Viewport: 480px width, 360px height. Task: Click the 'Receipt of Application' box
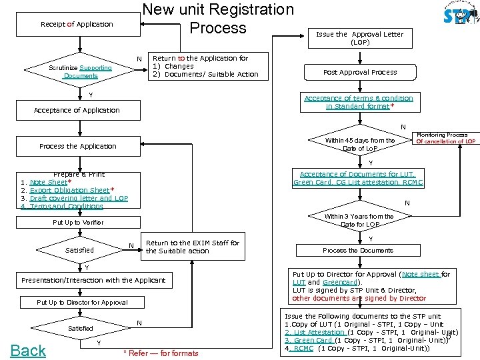(x=77, y=24)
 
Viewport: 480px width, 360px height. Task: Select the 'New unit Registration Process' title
(x=218, y=19)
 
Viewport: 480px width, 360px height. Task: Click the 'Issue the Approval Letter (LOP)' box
(x=359, y=38)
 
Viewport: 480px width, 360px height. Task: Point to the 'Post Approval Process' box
(x=359, y=72)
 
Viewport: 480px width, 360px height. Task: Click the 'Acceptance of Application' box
(x=77, y=110)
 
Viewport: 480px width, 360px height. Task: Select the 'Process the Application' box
(x=77, y=146)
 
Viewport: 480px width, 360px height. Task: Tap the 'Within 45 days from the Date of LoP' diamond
(x=359, y=144)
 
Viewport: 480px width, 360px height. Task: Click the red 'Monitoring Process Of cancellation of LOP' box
(x=445, y=138)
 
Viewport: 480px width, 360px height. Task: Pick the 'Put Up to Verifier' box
(x=78, y=222)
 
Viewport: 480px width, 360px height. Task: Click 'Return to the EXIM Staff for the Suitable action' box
(x=192, y=247)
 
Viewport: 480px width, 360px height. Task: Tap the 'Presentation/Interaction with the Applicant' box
(x=93, y=280)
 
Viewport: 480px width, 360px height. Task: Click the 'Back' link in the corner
(x=28, y=350)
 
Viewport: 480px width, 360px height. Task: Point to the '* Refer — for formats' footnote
(x=161, y=353)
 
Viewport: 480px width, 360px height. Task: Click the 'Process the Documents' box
(x=358, y=251)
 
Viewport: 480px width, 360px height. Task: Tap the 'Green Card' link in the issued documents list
(x=308, y=340)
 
